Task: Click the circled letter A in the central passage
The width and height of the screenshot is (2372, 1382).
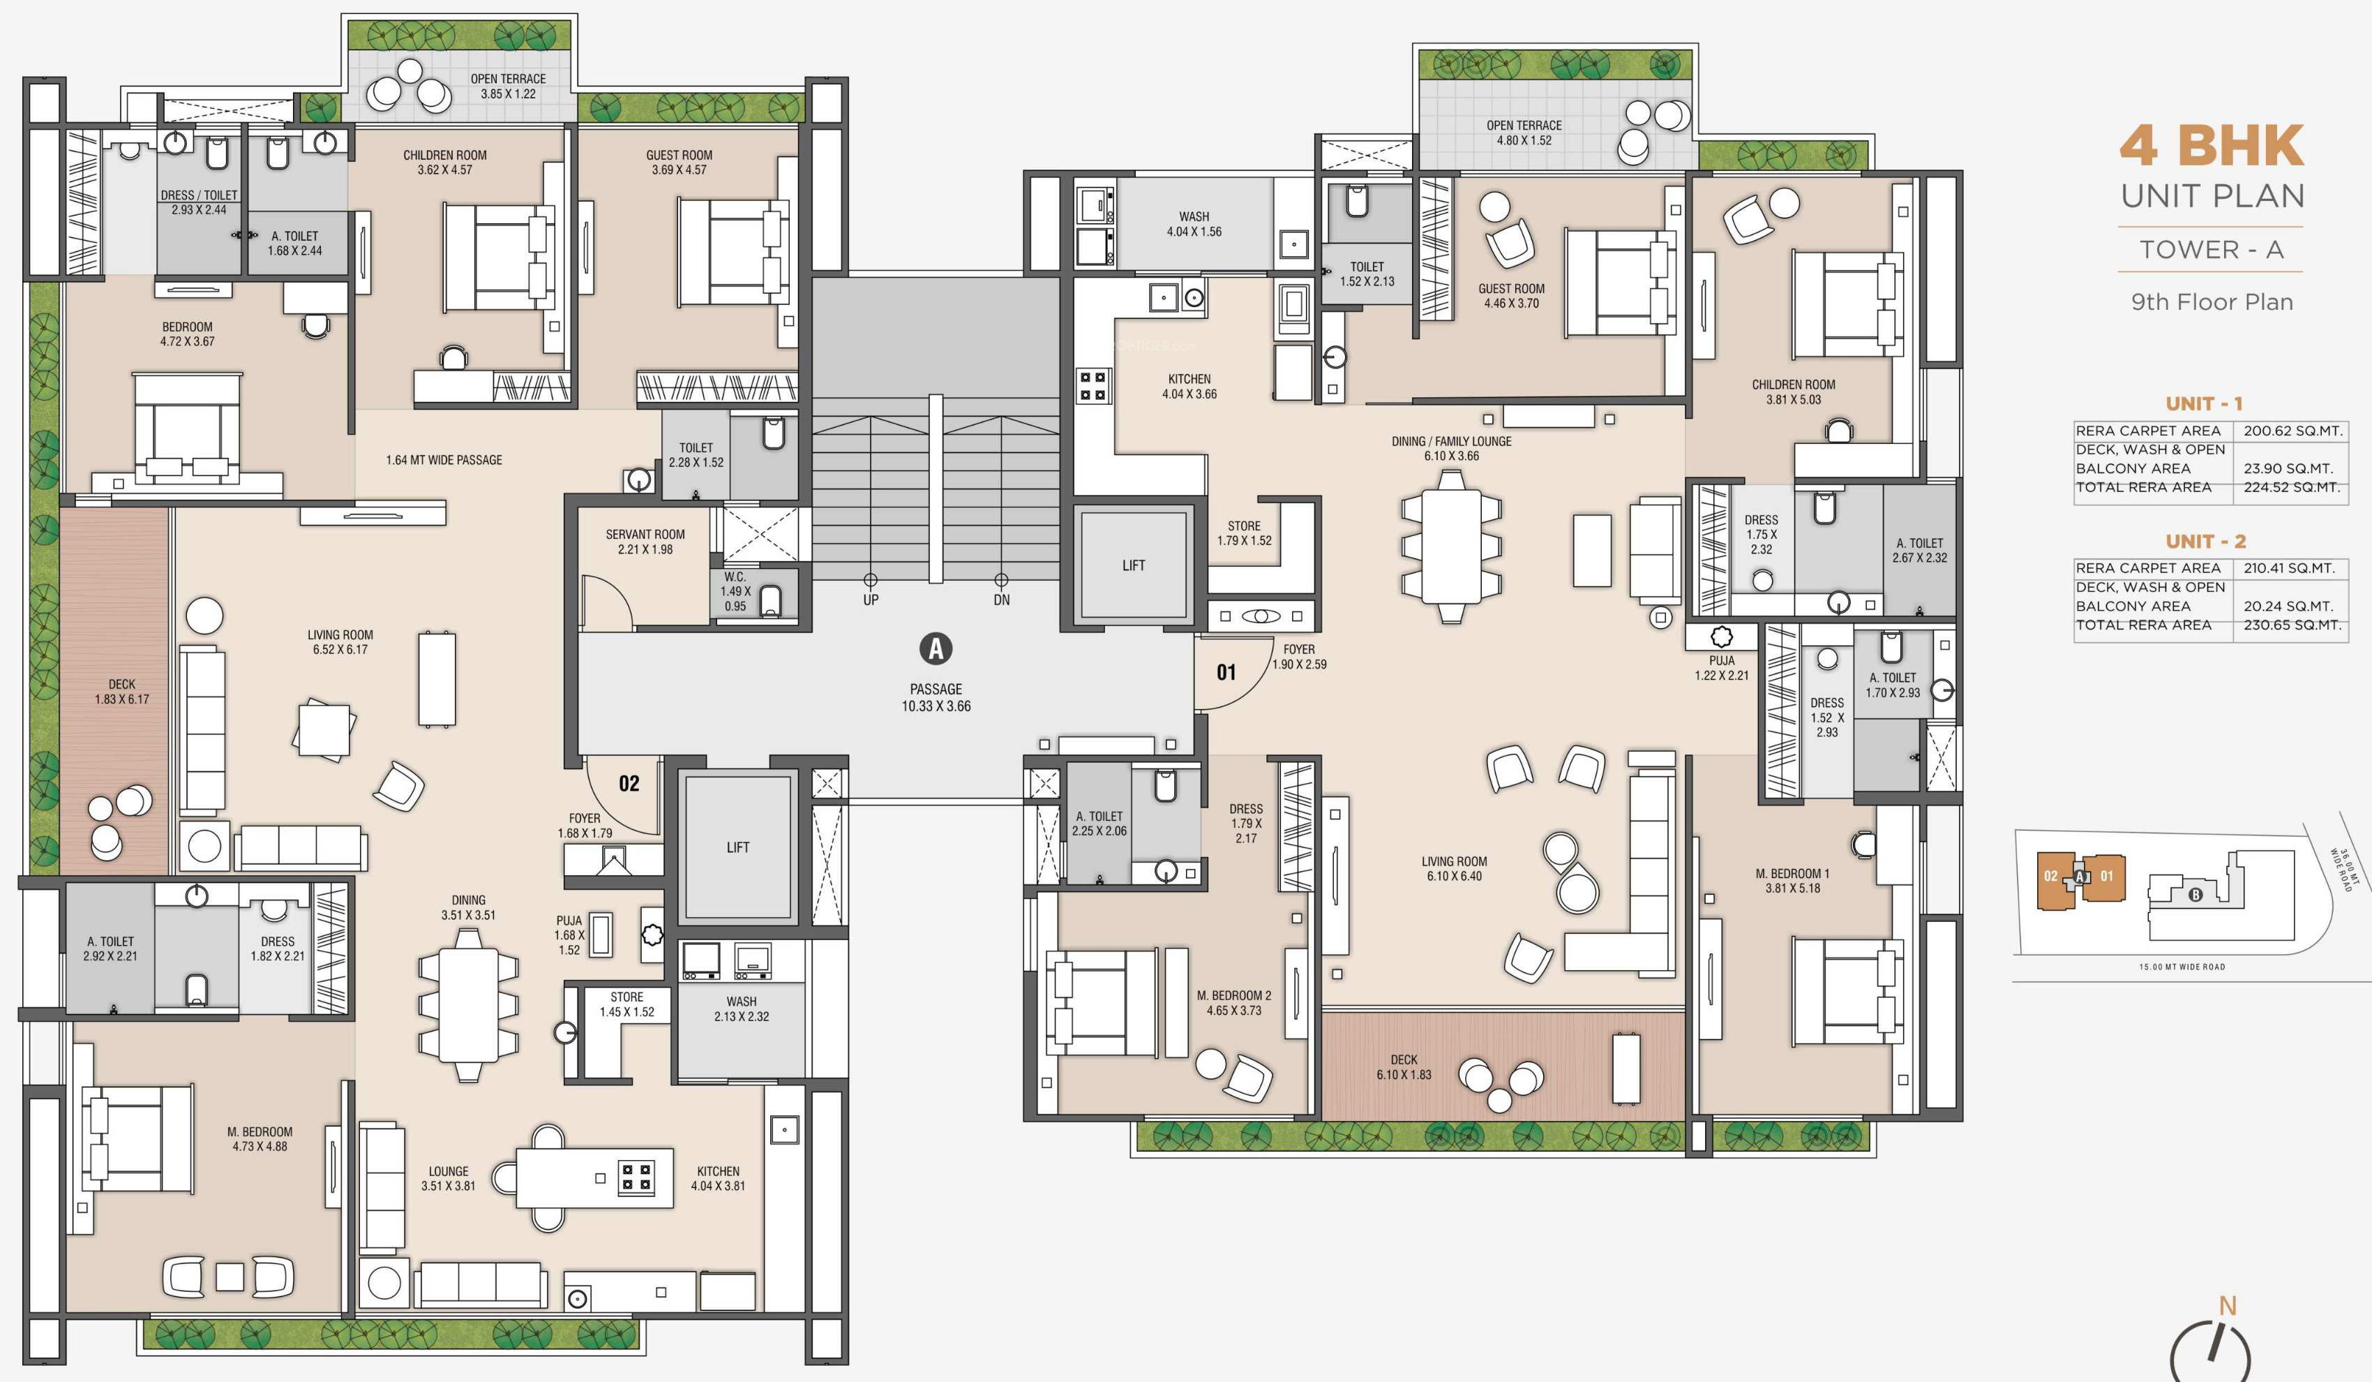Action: click(936, 648)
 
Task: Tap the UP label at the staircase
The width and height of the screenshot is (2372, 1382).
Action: click(871, 600)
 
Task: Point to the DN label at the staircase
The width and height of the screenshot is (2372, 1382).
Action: click(1002, 600)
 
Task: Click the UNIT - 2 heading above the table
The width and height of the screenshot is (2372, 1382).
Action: click(2205, 542)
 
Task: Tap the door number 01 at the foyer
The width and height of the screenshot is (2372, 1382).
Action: click(1226, 672)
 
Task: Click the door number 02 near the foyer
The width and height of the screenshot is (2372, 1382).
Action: click(629, 783)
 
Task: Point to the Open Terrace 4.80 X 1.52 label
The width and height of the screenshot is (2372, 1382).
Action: click(1524, 133)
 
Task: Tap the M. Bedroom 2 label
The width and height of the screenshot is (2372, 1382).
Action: click(1234, 1002)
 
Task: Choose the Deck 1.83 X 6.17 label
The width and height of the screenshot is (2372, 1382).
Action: click(121, 692)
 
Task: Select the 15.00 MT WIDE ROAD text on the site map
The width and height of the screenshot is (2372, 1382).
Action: click(2182, 967)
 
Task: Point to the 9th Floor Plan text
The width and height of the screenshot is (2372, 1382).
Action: click(2212, 302)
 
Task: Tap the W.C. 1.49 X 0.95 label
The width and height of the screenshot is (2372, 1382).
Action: click(735, 591)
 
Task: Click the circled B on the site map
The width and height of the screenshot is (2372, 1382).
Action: click(2195, 894)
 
